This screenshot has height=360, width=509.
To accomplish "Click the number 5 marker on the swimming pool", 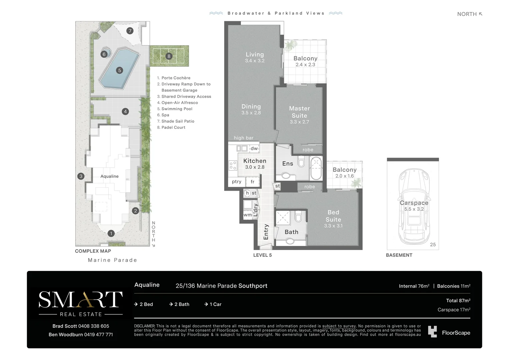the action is click(120, 70).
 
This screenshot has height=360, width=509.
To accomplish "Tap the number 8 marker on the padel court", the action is click(169, 56).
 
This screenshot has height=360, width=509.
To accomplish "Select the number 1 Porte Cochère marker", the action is click(111, 233).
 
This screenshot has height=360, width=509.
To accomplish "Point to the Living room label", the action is click(255, 55).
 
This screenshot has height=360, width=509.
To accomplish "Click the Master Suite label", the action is click(299, 112).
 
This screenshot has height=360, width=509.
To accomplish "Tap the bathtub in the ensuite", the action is click(316, 168).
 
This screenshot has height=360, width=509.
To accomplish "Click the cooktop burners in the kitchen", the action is click(233, 165).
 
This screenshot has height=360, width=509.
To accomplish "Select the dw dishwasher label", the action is click(254, 149).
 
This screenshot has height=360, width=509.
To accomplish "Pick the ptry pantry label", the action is click(237, 181).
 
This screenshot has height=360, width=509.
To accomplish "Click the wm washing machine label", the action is click(248, 215).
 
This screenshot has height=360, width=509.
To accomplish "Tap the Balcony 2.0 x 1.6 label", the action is click(344, 173).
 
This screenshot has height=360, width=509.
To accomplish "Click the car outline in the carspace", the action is click(414, 206).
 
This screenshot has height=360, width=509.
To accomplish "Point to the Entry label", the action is click(266, 232).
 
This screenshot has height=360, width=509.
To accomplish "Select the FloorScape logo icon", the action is click(432, 332).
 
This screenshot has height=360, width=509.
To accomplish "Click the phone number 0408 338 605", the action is click(94, 326).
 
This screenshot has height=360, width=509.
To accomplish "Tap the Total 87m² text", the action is click(458, 301).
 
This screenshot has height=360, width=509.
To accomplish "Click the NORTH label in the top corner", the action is click(467, 14).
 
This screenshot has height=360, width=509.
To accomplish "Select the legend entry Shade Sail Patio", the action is click(178, 121).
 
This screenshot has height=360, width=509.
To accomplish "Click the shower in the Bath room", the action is click(283, 218).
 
